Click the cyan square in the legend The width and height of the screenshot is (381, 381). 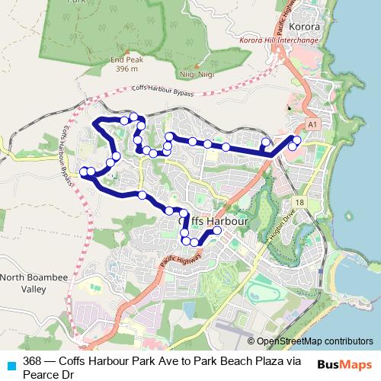pos(11,364)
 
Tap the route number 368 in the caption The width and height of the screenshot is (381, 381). pos(32,361)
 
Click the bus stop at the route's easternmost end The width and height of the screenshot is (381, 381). pos(296,139)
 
